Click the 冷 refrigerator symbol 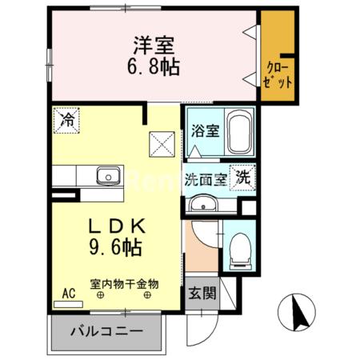(x=69, y=122)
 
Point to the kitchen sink (x=106, y=176)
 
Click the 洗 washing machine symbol (x=242, y=179)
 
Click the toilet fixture (x=238, y=252)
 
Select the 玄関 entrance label (x=203, y=294)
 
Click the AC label (x=69, y=294)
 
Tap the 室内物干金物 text (x=125, y=283)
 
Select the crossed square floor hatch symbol (x=163, y=145)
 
